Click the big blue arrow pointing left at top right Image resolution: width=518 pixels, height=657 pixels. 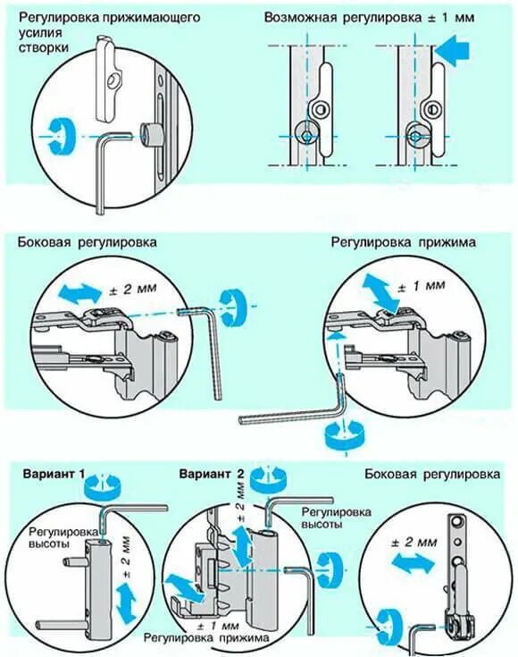tap(452, 51)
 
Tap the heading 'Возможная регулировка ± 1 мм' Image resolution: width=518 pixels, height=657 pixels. tap(370, 18)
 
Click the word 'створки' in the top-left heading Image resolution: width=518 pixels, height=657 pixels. tap(44, 47)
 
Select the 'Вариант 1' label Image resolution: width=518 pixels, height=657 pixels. tap(54, 474)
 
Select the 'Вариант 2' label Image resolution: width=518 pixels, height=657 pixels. tap(212, 474)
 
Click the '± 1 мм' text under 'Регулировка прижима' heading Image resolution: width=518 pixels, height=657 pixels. tap(421, 287)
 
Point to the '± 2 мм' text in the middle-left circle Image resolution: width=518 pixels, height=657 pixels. tap(133, 289)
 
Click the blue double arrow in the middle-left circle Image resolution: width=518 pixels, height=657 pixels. tap(80, 292)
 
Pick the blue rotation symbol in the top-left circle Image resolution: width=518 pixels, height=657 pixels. tap(60, 137)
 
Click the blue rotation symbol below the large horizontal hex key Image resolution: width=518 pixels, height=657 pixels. tap(343, 436)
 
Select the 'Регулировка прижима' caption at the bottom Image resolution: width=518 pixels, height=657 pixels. tap(206, 637)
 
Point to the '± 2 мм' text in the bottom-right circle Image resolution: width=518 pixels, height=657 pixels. tap(414, 543)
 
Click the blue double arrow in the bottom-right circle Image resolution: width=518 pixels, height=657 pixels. tap(414, 563)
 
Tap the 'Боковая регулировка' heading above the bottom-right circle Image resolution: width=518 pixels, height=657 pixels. tap(432, 474)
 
